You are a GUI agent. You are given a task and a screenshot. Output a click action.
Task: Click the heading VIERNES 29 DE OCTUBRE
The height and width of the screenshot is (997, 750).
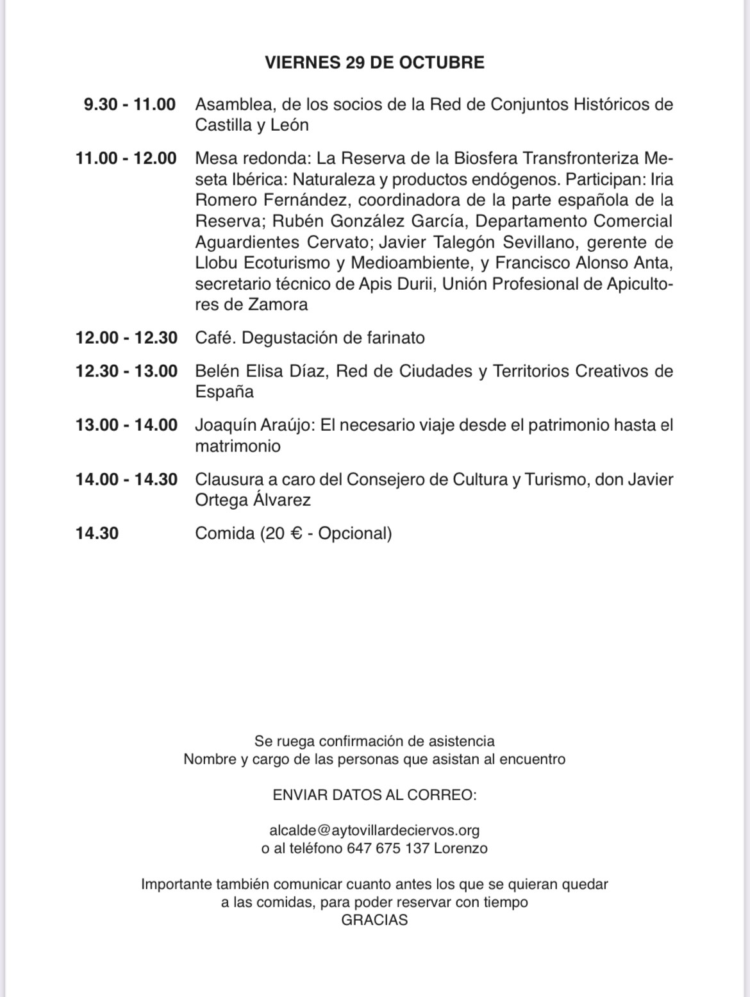click(x=374, y=62)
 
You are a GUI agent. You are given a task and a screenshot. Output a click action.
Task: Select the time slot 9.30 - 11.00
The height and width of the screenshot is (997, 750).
click(x=129, y=105)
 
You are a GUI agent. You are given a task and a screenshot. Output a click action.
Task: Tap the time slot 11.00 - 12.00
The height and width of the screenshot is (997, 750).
click(x=126, y=158)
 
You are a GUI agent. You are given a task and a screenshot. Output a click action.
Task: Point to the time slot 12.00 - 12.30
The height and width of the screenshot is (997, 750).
click(x=126, y=338)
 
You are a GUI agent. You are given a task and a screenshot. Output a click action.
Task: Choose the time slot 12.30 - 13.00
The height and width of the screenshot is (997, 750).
click(x=126, y=371)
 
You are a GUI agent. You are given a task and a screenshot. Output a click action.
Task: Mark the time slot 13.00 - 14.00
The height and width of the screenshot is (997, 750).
click(x=126, y=425)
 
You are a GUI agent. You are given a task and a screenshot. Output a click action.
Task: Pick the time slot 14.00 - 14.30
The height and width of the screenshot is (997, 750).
click(x=126, y=480)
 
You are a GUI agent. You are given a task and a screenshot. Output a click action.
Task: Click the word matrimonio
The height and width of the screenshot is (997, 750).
click(x=238, y=446)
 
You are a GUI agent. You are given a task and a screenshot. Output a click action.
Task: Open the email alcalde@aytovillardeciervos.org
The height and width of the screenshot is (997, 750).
click(x=374, y=830)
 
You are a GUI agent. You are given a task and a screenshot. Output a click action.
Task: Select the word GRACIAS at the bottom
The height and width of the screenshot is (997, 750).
click(x=374, y=920)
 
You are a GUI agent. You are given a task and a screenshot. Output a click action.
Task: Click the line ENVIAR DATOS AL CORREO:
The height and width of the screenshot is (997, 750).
click(x=374, y=795)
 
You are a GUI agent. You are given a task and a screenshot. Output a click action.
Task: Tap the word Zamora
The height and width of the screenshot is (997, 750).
click(x=278, y=305)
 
